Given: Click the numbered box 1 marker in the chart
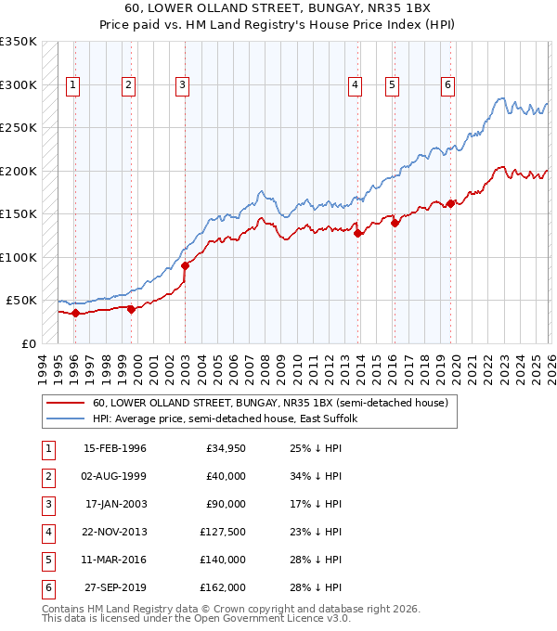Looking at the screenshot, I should point(73,85).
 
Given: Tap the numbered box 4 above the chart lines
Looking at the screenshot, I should point(356,85).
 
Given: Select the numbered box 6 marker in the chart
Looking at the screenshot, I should point(447,85).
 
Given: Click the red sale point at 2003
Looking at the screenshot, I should point(185,265).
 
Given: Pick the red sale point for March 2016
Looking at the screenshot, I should point(394,223).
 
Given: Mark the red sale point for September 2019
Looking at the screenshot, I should point(450,203).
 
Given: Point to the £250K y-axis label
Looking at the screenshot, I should point(19,128).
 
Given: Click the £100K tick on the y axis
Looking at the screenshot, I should point(19,257).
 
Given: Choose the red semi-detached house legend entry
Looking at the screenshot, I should point(270,403).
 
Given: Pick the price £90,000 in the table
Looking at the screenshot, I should point(226,504).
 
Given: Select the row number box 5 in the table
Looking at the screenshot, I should point(47,560).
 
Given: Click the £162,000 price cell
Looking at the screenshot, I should point(226,587).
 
